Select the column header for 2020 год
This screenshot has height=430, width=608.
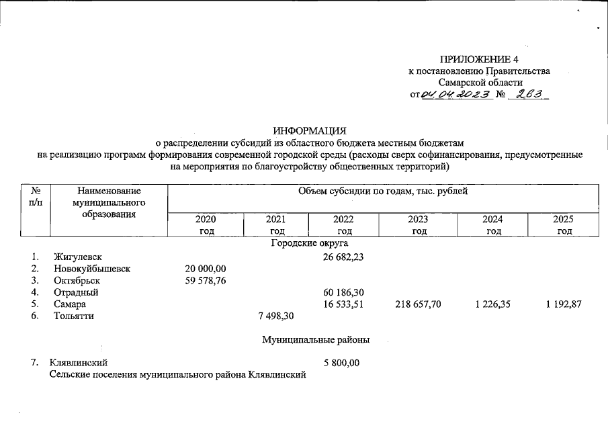(206, 225)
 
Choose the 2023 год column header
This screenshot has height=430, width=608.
(418, 225)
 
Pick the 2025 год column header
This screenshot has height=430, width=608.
(564, 225)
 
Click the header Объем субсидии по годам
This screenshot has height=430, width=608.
(382, 192)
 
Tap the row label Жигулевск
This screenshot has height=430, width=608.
(78, 257)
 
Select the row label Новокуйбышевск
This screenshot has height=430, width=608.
(92, 269)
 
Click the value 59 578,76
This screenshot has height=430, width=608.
(206, 280)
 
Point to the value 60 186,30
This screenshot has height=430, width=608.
(343, 292)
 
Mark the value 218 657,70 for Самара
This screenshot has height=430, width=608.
(418, 304)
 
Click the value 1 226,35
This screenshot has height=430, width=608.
(492, 304)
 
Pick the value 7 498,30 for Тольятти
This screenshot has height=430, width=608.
(276, 316)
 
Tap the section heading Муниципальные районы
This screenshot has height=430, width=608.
(316, 340)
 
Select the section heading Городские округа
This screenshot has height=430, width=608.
(309, 243)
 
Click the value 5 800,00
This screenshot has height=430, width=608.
(341, 363)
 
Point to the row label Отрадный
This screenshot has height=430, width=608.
(77, 292)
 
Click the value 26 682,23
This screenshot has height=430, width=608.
(343, 257)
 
